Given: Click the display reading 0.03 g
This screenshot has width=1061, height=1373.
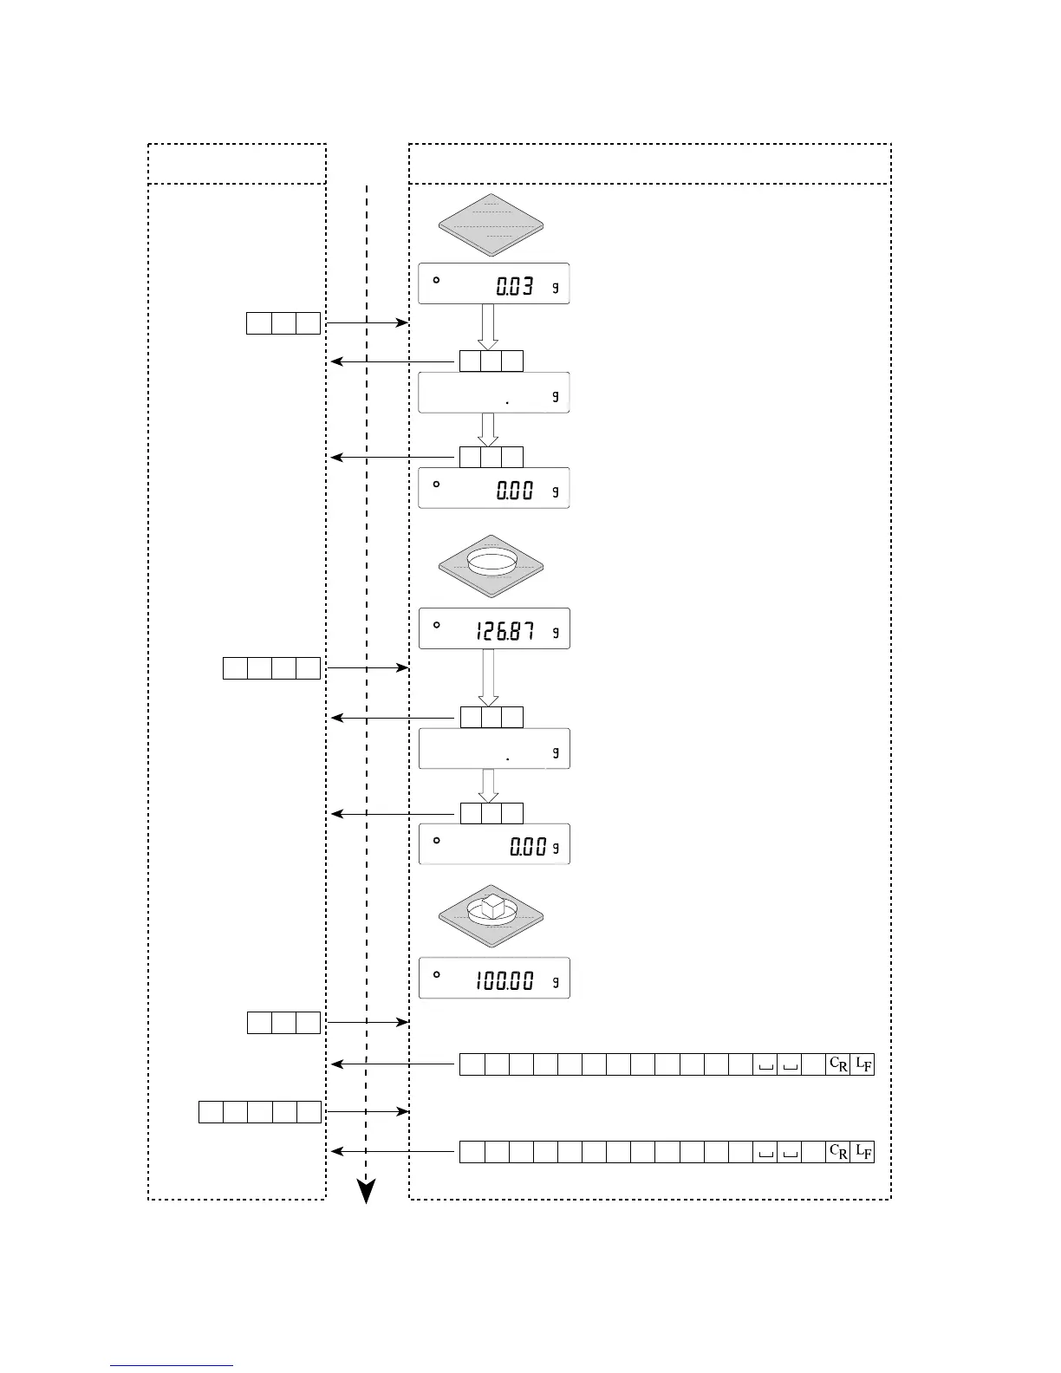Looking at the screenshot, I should [x=493, y=283].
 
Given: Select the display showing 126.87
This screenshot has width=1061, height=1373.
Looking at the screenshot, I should [x=493, y=628].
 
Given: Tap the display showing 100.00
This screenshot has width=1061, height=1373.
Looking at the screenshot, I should [x=493, y=979].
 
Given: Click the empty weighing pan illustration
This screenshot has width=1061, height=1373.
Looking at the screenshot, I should [x=491, y=224].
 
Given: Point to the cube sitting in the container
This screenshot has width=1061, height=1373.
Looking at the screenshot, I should [x=492, y=906].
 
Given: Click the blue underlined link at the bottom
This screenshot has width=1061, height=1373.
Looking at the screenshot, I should [x=172, y=1365].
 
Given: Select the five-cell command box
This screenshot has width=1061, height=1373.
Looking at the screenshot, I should [x=260, y=1111].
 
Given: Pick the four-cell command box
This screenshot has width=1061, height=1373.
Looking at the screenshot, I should [x=271, y=668].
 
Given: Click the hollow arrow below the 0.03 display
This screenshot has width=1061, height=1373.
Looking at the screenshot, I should [x=489, y=327].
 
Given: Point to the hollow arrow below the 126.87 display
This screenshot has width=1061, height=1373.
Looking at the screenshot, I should [x=489, y=677].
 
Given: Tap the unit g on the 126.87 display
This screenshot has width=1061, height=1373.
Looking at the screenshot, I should [x=556, y=632].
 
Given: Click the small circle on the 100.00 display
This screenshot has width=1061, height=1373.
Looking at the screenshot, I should [x=436, y=974].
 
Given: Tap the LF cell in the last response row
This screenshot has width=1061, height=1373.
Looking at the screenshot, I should [x=862, y=1152].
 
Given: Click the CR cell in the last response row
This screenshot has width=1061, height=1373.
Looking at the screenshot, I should [x=838, y=1152].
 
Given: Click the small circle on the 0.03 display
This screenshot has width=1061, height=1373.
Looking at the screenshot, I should [x=436, y=280].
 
